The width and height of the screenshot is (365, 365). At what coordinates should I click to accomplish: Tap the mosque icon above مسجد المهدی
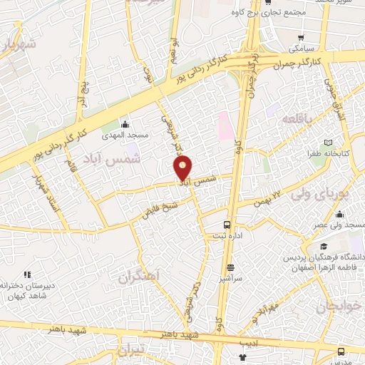click(126, 124)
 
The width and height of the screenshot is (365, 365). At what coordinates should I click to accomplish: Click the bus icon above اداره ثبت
click(228, 222)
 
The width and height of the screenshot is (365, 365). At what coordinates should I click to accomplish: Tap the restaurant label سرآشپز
click(230, 279)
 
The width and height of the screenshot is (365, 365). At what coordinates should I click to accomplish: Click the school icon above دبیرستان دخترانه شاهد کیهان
click(27, 274)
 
